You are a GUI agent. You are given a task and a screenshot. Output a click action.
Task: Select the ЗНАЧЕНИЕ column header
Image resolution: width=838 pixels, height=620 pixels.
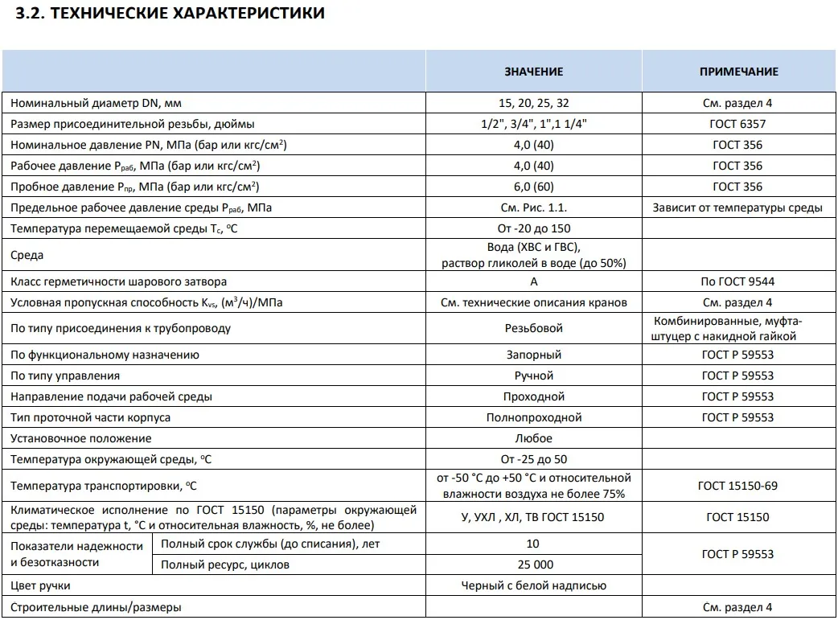point(533,72)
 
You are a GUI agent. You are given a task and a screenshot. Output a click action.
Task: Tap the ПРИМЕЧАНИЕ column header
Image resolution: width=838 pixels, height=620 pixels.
point(738,72)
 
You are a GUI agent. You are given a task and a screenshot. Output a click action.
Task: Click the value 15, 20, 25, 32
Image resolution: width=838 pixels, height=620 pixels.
point(533,103)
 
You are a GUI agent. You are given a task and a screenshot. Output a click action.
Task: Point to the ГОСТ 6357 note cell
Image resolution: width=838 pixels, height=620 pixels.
point(737,124)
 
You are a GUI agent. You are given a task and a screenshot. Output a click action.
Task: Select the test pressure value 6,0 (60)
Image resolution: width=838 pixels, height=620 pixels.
point(533,187)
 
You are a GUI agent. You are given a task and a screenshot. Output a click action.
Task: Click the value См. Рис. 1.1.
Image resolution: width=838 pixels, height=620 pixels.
point(533,207)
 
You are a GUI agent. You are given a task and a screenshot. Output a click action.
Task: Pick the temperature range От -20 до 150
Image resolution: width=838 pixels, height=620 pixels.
point(533,228)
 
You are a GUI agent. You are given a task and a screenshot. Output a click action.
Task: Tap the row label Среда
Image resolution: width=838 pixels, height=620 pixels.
point(27,256)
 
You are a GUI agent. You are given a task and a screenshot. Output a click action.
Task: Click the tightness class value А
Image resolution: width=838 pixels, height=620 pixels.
point(533,281)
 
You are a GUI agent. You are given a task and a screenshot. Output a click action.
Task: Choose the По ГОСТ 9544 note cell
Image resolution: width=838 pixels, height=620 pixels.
point(737,281)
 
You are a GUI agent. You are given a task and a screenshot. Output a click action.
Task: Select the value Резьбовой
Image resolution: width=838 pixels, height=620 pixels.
point(533,328)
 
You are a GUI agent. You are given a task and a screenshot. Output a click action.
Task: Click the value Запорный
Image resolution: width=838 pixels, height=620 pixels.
point(533,355)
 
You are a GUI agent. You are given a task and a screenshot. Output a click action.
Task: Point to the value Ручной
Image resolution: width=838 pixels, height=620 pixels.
point(533,376)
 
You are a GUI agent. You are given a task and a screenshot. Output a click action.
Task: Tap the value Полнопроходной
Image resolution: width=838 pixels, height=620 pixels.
point(533,417)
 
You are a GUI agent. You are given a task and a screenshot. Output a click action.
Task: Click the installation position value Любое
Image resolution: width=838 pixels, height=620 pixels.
point(533,438)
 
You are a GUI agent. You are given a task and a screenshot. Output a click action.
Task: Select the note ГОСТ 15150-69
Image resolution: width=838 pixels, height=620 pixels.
point(737,486)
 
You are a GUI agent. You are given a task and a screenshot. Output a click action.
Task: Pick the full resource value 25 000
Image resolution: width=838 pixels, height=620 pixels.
point(533,565)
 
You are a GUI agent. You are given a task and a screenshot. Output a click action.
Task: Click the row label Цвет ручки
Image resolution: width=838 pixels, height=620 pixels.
point(40,586)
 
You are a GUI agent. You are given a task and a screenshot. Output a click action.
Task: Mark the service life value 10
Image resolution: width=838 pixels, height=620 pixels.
point(533,544)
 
